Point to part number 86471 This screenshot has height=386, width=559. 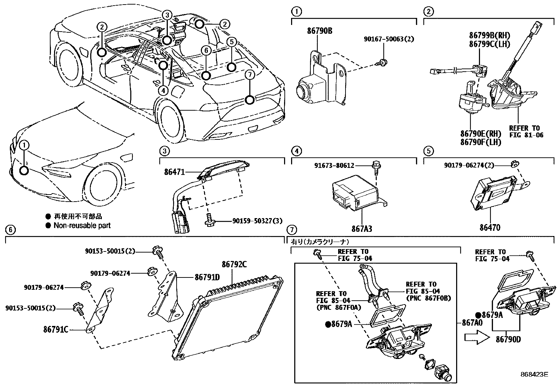(x=174, y=172)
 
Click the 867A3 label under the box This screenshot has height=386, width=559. (x=362, y=229)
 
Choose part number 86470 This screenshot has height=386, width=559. (x=490, y=227)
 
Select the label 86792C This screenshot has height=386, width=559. (x=234, y=264)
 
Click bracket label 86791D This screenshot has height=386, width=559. (x=207, y=277)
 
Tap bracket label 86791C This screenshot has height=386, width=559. (x=55, y=330)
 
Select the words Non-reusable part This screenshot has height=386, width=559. (x=82, y=225)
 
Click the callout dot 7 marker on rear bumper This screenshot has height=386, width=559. (x=249, y=100)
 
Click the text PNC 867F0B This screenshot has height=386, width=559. (x=428, y=298)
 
